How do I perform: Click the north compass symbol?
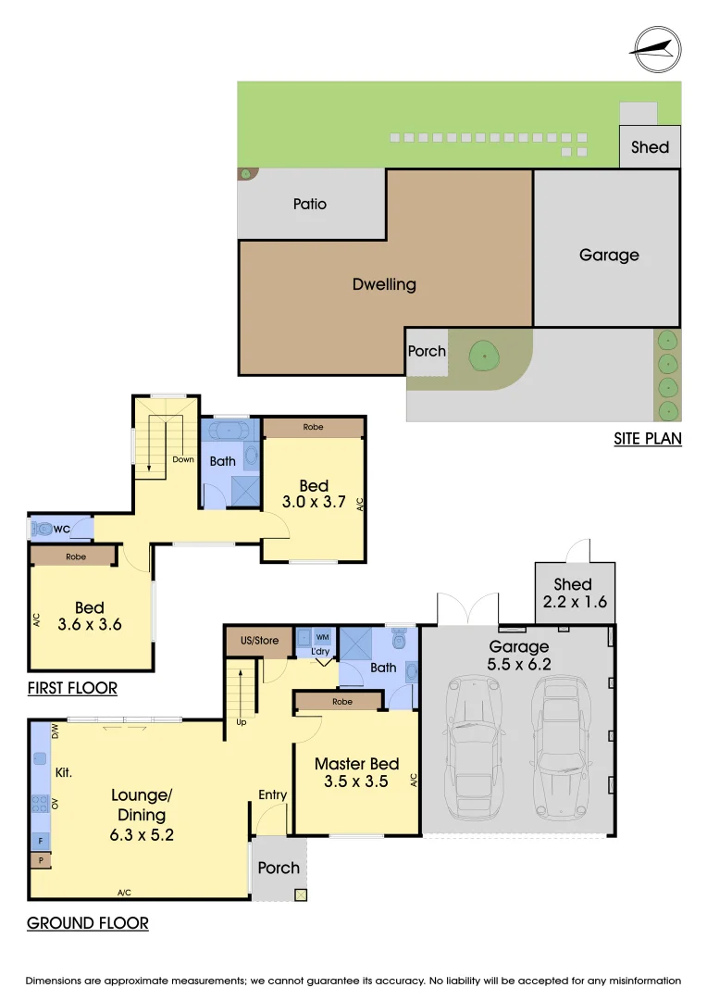(656, 50)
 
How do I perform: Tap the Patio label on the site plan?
(310, 204)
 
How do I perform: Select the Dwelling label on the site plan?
(384, 284)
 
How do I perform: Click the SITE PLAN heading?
(648, 439)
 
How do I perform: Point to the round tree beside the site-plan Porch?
(485, 355)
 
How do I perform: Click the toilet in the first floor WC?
(43, 529)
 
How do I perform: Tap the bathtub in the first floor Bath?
(230, 431)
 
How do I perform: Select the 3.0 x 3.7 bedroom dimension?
(314, 502)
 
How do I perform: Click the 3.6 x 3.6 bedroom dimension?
(90, 624)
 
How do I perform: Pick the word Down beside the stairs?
(183, 459)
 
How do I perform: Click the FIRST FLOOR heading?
(73, 688)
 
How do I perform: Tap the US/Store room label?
(259, 641)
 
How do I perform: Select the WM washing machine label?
(323, 637)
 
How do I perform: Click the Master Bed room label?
(357, 764)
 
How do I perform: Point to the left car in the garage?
(475, 747)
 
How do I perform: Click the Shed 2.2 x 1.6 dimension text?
(575, 602)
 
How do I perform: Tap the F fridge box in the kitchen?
(40, 841)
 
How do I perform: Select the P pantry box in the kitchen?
(40, 860)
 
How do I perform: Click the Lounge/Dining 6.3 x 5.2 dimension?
(142, 835)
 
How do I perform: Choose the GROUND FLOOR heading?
(88, 923)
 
